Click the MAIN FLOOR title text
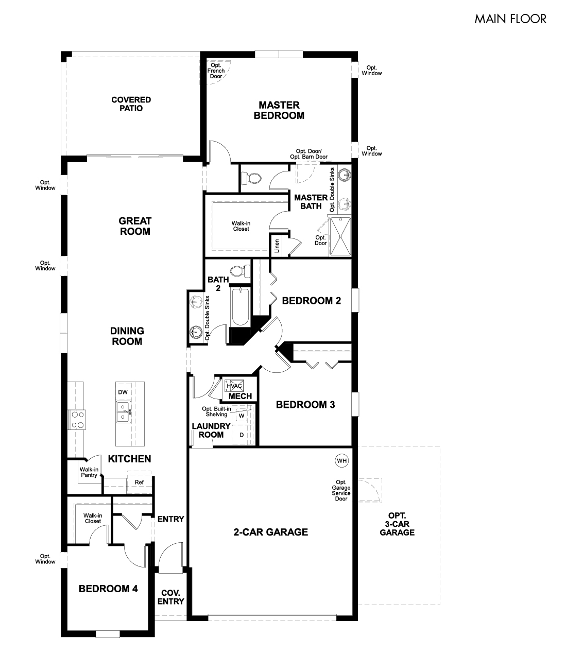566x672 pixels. (510, 19)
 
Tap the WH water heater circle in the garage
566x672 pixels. (341, 460)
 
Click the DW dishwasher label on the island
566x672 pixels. (123, 392)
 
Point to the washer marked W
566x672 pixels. (241, 415)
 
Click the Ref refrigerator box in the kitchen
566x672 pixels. (139, 483)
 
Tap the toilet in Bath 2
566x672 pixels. (239, 271)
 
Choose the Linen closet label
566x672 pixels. (277, 246)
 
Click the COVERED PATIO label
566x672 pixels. (131, 104)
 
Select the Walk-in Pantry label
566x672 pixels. (89, 472)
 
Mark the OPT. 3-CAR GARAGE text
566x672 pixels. (397, 524)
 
